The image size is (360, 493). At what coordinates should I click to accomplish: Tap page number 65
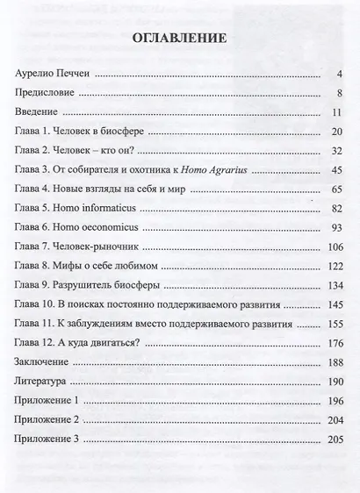point(335,189)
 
